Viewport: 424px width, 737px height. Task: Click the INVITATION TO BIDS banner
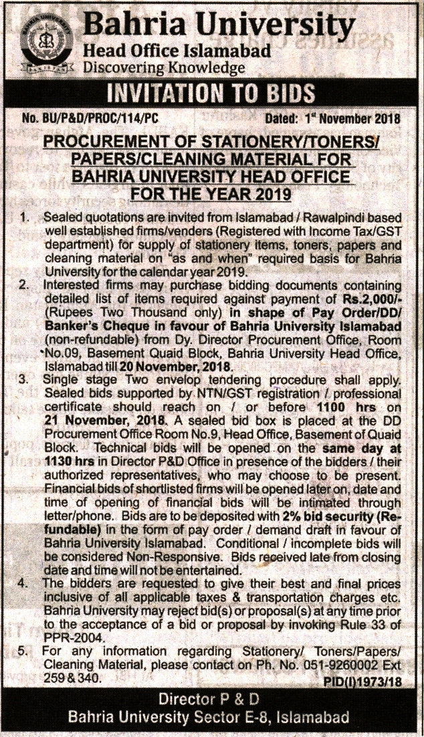tap(211, 92)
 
